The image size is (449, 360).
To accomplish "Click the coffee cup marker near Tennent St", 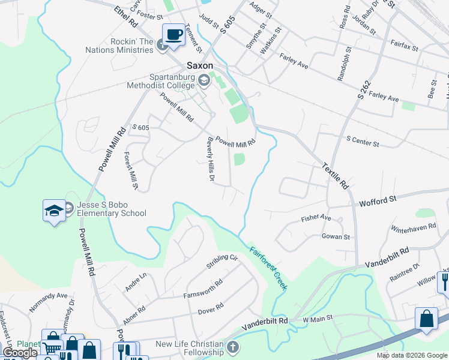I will pos(174,34).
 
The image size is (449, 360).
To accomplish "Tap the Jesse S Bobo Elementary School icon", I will pos(54,211).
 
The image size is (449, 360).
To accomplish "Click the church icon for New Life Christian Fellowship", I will pos(232,347).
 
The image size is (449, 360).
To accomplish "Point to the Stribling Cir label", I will pos(222,261).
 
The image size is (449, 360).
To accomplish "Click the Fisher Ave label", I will pos(316,217).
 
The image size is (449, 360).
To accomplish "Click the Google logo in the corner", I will pos(20,353).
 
